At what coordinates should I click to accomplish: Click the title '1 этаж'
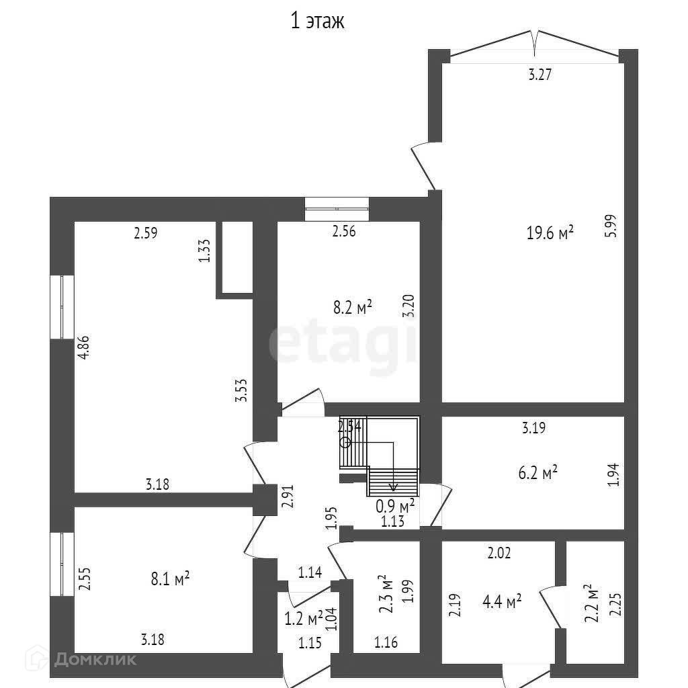pyautogui.click(x=316, y=21)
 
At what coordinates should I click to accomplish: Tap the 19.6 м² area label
pyautogui.click(x=550, y=233)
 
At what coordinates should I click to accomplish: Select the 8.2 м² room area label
pyautogui.click(x=353, y=308)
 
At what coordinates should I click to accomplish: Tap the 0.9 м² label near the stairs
pyautogui.click(x=394, y=505)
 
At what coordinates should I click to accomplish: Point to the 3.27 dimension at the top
pyautogui.click(x=540, y=75)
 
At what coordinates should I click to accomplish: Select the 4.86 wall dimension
pyautogui.click(x=84, y=348)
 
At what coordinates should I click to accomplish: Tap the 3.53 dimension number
pyautogui.click(x=242, y=390)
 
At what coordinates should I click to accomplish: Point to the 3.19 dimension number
pyautogui.click(x=534, y=426)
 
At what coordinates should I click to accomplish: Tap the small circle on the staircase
pyautogui.click(x=345, y=442)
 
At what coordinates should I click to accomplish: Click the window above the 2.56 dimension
pyautogui.click(x=337, y=208)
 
